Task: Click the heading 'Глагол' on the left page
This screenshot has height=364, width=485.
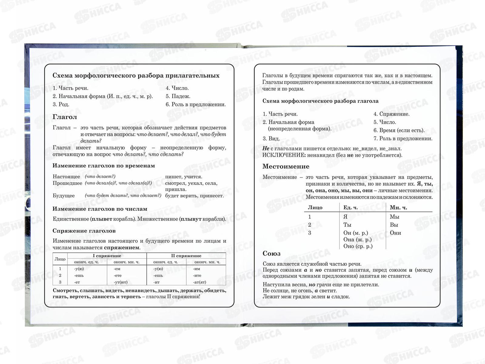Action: [65, 117]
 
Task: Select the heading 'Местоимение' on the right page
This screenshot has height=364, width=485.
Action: [286, 167]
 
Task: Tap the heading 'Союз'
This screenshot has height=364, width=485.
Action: [271, 254]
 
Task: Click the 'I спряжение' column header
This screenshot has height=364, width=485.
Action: [107, 256]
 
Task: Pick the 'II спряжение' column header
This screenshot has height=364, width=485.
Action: [186, 256]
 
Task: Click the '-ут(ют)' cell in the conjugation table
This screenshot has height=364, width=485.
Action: [121, 282]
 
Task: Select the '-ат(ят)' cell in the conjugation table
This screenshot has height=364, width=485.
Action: [199, 282]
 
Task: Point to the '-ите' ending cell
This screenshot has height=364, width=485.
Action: [197, 275]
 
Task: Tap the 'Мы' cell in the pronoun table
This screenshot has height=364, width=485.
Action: [394, 217]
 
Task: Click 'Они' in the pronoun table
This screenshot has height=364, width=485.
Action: [395, 233]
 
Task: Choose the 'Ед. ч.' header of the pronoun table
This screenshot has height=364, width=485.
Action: [350, 207]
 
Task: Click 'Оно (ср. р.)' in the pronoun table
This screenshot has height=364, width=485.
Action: [358, 246]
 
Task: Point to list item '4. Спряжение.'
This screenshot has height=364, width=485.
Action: [391, 114]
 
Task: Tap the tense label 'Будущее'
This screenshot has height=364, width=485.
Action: [64, 196]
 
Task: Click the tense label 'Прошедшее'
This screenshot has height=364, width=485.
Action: [67, 183]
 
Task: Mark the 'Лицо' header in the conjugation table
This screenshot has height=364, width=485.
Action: [60, 259]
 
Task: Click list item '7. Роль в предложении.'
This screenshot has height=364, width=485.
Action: [403, 139]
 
